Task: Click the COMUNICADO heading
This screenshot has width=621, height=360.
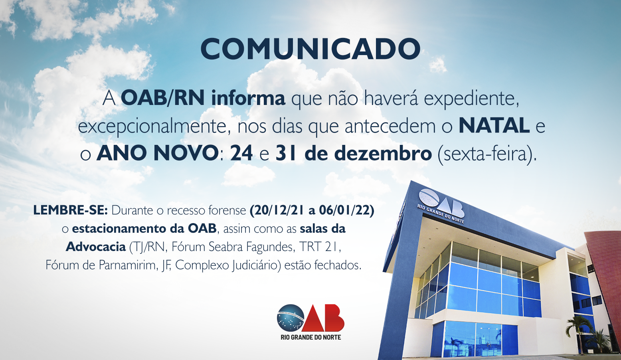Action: (x=310, y=49)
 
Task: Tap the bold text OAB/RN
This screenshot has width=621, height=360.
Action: (x=163, y=99)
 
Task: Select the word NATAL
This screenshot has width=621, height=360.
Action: (x=494, y=126)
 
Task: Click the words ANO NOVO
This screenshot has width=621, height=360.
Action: (x=157, y=153)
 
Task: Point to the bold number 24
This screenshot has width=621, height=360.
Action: (x=241, y=153)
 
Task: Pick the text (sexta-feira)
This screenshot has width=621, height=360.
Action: (x=487, y=154)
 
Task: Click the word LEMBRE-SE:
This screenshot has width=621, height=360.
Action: (x=70, y=210)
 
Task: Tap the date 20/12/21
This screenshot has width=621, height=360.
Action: (x=278, y=210)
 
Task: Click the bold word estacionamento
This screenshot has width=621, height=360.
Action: (x=119, y=229)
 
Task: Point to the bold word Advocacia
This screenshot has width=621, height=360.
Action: (x=96, y=247)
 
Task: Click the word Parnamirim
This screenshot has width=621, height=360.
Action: (x=128, y=265)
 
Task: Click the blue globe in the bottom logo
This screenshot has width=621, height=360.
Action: (x=290, y=318)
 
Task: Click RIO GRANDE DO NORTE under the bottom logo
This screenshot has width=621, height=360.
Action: (x=311, y=337)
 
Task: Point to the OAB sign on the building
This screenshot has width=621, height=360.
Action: (x=441, y=206)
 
